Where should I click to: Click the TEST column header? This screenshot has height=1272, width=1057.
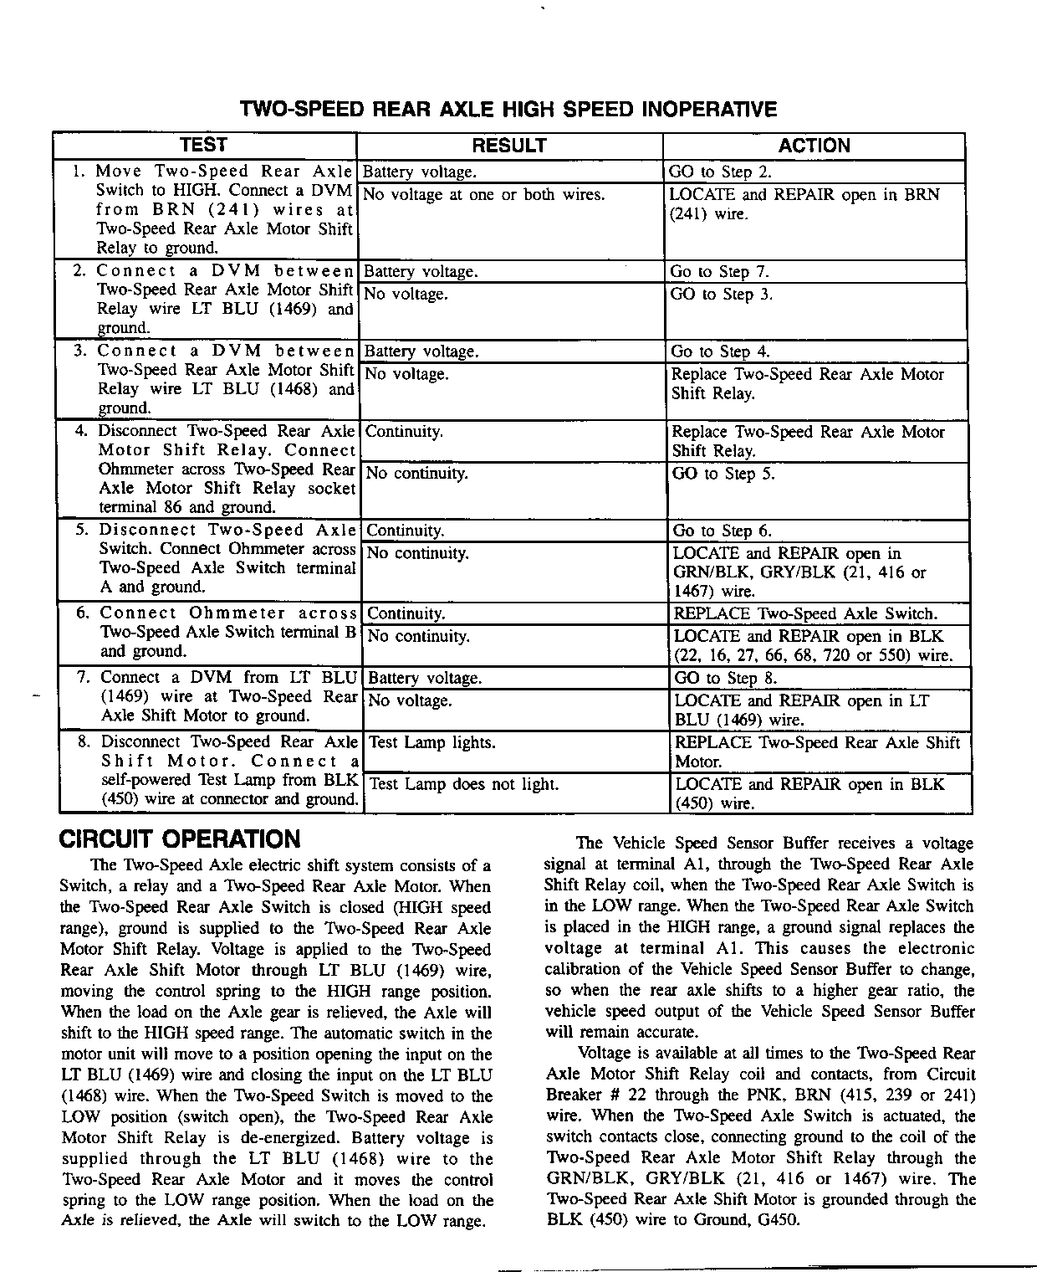[203, 145]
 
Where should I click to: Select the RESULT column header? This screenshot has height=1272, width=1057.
[509, 146]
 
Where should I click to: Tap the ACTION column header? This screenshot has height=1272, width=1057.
[814, 146]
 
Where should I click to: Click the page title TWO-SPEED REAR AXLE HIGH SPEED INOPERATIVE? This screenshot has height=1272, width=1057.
[508, 110]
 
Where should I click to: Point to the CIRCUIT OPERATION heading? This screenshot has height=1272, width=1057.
[180, 839]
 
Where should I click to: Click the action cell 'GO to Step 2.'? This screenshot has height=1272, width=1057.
[720, 172]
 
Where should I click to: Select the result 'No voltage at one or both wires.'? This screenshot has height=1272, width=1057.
[484, 195]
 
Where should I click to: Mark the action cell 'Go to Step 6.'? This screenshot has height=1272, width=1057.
[723, 531]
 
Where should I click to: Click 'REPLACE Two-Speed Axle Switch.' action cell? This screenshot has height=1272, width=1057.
[805, 613]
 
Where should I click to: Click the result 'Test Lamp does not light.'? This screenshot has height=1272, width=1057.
[463, 784]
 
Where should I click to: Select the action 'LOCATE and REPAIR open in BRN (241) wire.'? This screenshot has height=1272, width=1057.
[804, 204]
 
